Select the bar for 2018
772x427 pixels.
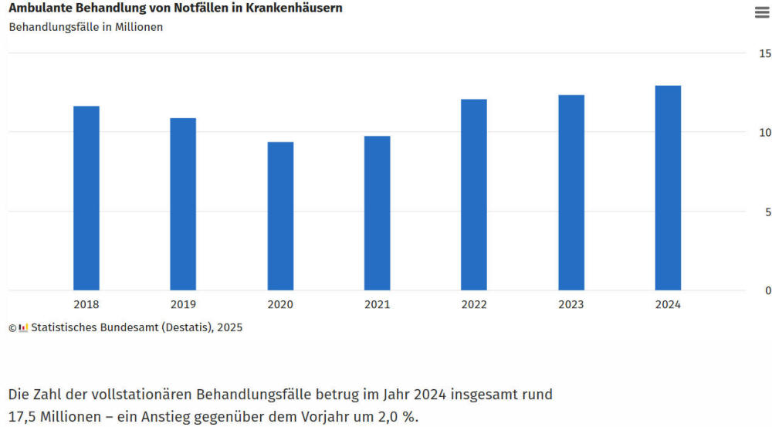click(86, 198)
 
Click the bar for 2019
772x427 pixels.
click(183, 204)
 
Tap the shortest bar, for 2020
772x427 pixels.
click(280, 216)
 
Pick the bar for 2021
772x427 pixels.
click(378, 213)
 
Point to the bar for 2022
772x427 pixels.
click(474, 195)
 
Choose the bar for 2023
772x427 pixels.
click(571, 192)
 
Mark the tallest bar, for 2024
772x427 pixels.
click(668, 188)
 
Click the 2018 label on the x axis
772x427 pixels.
click(86, 305)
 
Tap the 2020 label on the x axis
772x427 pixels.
click(280, 305)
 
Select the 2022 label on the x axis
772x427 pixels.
click(474, 305)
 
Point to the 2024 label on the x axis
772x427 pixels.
click(668, 305)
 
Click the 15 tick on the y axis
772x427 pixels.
click(764, 54)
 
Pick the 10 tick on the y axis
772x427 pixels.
click(764, 133)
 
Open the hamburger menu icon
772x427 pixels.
click(761, 12)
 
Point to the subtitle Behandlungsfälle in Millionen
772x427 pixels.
click(86, 27)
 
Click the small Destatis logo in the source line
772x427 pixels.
click(23, 327)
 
